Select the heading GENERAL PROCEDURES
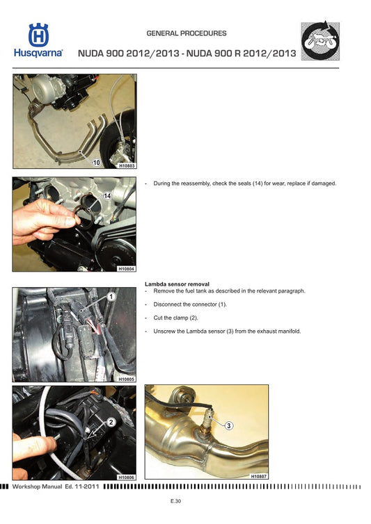click(x=187, y=33)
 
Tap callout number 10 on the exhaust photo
click(x=97, y=162)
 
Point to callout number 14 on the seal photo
click(x=108, y=197)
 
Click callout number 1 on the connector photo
click(x=110, y=297)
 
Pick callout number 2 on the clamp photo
click(x=110, y=421)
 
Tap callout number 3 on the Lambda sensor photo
click(x=228, y=425)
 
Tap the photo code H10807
click(x=258, y=476)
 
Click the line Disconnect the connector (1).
click(x=190, y=304)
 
